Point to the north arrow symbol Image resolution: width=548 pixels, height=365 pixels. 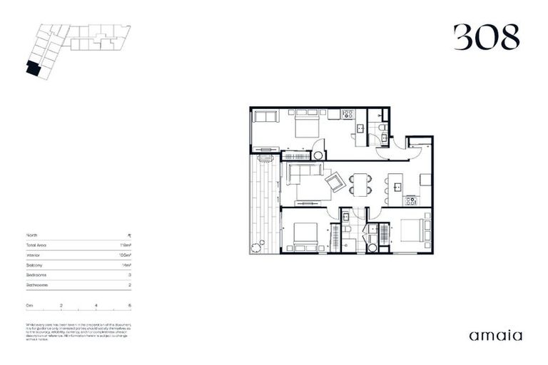click(130, 235)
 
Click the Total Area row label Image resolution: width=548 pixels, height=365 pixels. click(39, 244)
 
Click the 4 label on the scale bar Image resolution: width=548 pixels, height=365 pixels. click(96, 305)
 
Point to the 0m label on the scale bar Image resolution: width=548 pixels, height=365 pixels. click(29, 305)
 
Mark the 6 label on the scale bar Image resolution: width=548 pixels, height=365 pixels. click(130, 305)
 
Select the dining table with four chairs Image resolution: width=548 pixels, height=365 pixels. click(361, 185)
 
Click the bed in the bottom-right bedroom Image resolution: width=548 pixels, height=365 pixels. click(414, 230)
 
